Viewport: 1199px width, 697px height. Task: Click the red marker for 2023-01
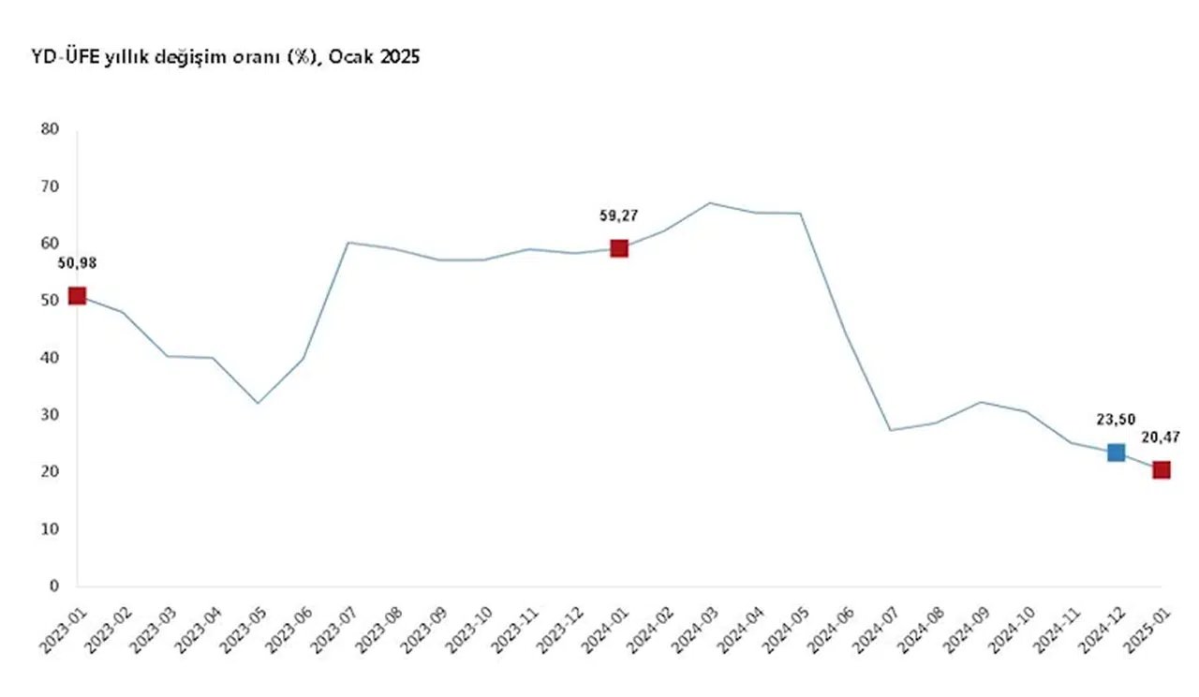[x=77, y=296]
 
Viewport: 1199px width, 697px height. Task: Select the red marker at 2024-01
[x=618, y=248]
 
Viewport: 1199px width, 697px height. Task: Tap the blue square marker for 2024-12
[x=1116, y=452]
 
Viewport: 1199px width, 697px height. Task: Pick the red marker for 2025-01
[x=1162, y=469]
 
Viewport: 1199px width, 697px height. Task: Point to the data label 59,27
[x=618, y=215]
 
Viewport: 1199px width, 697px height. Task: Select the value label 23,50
[x=1116, y=421]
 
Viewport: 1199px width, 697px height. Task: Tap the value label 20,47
[x=1162, y=437]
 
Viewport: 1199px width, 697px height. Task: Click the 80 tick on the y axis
[x=51, y=128]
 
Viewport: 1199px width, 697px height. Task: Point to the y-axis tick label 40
[x=51, y=357]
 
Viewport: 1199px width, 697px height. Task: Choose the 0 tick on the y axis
[x=54, y=586]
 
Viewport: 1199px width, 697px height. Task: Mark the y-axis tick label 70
[x=51, y=185]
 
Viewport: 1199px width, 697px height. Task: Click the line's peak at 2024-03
[x=709, y=202]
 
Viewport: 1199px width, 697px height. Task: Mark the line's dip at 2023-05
[x=258, y=403]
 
